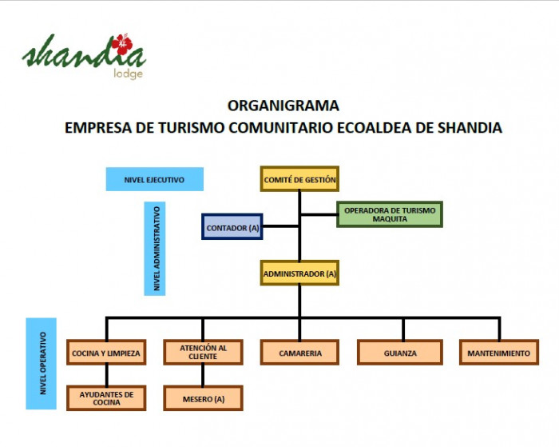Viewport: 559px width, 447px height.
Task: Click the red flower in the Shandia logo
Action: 122,45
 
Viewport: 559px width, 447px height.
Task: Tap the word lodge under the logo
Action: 128,74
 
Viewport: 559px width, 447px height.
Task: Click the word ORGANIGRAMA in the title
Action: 283,106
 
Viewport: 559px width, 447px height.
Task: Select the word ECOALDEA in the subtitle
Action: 374,128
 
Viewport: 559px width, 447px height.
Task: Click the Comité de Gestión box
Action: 299,179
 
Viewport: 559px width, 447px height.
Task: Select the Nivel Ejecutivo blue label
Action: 155,179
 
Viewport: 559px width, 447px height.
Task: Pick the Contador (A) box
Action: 232,227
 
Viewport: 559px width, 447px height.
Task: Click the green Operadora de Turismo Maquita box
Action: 390,214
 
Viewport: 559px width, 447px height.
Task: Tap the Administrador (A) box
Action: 299,273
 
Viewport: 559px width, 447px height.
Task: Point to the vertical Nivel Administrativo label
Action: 155,249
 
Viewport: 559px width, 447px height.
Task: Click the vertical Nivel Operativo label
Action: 42,364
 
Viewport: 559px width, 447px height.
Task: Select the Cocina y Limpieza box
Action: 106,353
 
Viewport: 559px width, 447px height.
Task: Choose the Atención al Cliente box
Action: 203,353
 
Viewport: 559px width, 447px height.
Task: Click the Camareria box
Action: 299,353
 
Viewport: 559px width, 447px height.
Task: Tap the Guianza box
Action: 400,353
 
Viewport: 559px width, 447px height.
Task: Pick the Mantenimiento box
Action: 499,353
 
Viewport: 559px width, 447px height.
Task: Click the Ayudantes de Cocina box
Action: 106,398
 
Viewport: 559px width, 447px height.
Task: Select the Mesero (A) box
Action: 203,398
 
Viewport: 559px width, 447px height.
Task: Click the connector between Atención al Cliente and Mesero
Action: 203,375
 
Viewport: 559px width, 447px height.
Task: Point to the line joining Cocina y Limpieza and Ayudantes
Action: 106,375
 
